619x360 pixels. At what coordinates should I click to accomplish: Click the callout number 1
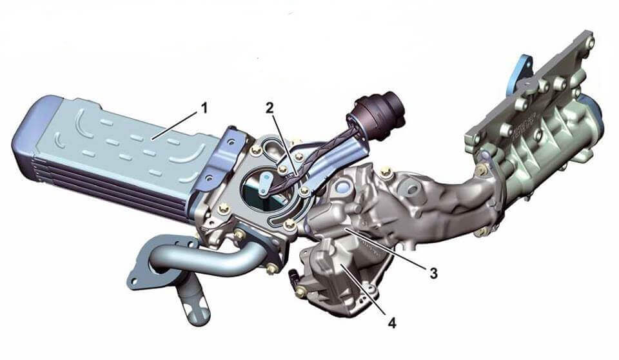coord(204,108)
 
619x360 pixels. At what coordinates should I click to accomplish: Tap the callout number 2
coord(270,108)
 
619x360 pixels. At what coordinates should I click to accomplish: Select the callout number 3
coord(433,273)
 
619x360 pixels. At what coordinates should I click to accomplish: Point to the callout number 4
coord(391,323)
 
